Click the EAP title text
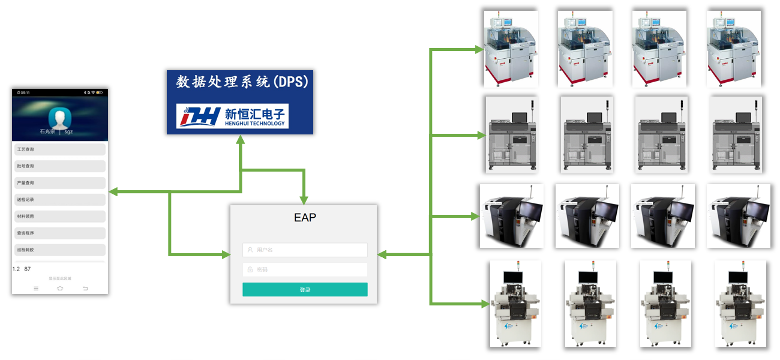pyautogui.click(x=305, y=218)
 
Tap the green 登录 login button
pyautogui.click(x=305, y=290)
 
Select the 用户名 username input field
pyautogui.click(x=305, y=250)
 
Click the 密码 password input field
pyautogui.click(x=305, y=269)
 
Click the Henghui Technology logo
pyautogui.click(x=232, y=116)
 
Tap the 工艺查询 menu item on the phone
pyautogui.click(x=59, y=149)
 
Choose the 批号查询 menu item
pyautogui.click(x=59, y=166)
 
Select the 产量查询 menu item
pyautogui.click(x=59, y=183)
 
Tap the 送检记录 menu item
pyautogui.click(x=59, y=199)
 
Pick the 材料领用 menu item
pyautogui.click(x=59, y=216)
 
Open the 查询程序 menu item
pyautogui.click(x=59, y=233)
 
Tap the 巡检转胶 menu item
pyautogui.click(x=59, y=250)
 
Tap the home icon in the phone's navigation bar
pyautogui.click(x=60, y=289)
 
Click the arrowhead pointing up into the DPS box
pyautogui.click(x=240, y=140)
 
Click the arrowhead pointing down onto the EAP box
pyautogui.click(x=304, y=200)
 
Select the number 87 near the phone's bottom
pyautogui.click(x=28, y=269)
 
